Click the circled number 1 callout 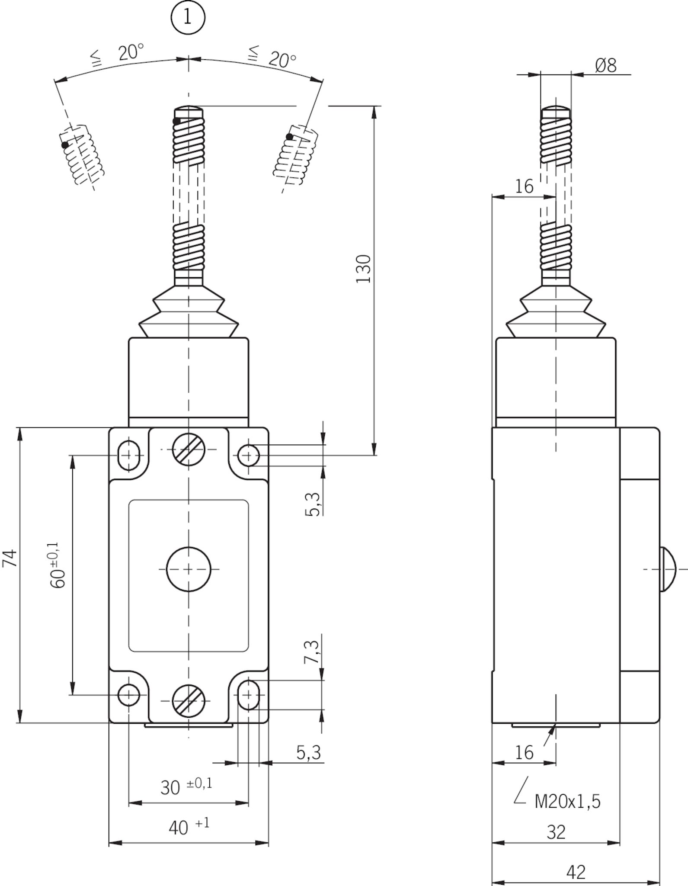pyautogui.click(x=188, y=18)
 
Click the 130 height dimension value pyautogui.click(x=364, y=269)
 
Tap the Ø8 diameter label pyautogui.click(x=605, y=66)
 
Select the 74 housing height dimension pyautogui.click(x=10, y=558)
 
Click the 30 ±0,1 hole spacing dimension pyautogui.click(x=186, y=786)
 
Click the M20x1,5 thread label pyautogui.click(x=567, y=802)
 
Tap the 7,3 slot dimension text pyautogui.click(x=313, y=652)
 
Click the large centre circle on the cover pyautogui.click(x=189, y=569)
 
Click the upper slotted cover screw pyautogui.click(x=189, y=449)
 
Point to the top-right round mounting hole pyautogui.click(x=249, y=455)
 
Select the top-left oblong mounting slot pyautogui.click(x=129, y=455)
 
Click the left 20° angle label pyautogui.click(x=130, y=53)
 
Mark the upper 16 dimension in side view pyautogui.click(x=524, y=186)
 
